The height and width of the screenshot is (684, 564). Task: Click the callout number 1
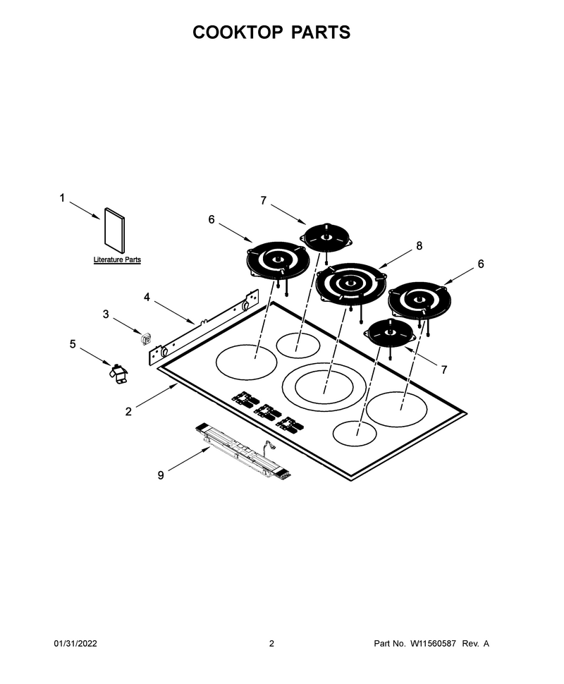(62, 198)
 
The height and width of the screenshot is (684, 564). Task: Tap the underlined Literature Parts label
(117, 260)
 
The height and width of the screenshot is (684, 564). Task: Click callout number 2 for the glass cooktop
(128, 411)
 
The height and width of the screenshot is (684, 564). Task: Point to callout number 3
(106, 314)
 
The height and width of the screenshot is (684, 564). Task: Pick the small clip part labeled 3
(146, 338)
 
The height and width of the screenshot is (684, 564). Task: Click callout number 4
(147, 297)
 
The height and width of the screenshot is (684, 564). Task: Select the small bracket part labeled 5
(118, 374)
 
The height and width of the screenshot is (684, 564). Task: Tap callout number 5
(73, 344)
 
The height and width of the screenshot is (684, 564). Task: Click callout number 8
(419, 245)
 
